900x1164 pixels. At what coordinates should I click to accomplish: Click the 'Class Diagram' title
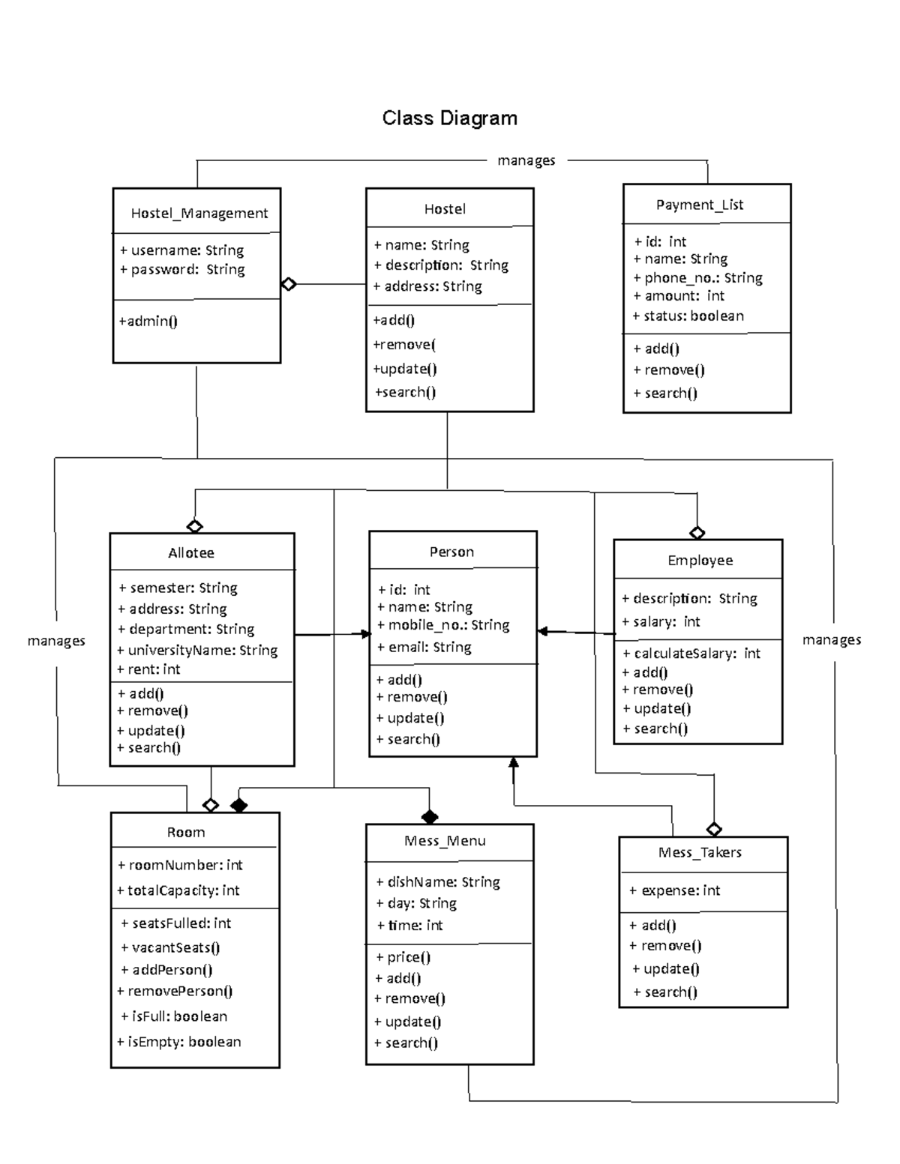(449, 118)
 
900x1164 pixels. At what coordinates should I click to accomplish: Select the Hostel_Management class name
(199, 214)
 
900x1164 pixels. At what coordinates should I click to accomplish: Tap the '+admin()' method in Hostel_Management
(148, 322)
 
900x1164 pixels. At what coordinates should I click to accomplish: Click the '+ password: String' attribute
(182, 270)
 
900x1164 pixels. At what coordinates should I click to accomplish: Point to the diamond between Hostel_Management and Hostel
(289, 284)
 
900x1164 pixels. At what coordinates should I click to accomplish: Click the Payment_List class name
(699, 205)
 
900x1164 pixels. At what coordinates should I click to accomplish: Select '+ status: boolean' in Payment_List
(688, 316)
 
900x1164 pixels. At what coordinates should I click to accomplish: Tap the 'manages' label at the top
(526, 160)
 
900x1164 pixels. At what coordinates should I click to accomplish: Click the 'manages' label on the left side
(56, 641)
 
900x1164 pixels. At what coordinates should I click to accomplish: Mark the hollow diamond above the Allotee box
(195, 526)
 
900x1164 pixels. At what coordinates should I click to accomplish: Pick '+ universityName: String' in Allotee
(197, 651)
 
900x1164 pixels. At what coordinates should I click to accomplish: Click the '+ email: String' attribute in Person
(424, 648)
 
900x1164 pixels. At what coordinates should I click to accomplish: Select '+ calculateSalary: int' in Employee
(691, 654)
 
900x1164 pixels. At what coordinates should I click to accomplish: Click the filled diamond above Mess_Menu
(429, 817)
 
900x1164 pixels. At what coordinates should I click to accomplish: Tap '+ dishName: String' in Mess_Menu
(438, 882)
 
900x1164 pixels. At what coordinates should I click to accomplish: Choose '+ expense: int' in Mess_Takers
(674, 890)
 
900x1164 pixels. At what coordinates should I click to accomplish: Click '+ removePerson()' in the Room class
(175, 992)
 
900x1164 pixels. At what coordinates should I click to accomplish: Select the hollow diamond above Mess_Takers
(714, 829)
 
